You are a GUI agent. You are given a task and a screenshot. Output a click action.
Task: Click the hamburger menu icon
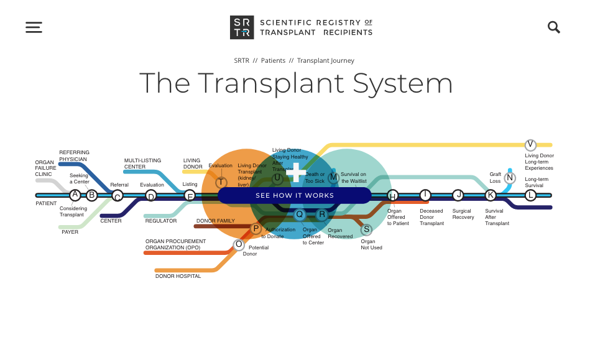point(34,27)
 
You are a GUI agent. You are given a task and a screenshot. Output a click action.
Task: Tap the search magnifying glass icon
point(553,27)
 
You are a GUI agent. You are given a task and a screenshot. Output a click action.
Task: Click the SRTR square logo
point(241,27)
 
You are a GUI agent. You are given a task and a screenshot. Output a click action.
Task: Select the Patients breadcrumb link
point(273,61)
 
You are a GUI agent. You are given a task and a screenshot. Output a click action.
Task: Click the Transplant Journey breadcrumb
point(326,61)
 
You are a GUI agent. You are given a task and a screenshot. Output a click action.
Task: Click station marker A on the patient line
point(75,195)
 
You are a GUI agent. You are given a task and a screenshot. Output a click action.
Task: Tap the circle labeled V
point(530,145)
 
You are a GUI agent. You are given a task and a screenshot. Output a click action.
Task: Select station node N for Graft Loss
point(510,178)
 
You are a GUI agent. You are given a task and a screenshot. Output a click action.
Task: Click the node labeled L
point(530,195)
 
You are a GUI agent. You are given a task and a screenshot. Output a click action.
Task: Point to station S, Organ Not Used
point(366,229)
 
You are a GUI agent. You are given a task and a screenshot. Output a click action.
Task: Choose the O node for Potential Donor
point(239,244)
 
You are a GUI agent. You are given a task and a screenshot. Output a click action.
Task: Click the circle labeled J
point(458,195)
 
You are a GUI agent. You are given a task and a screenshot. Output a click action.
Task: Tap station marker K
point(491,195)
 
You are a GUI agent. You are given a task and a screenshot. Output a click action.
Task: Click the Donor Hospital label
point(178,276)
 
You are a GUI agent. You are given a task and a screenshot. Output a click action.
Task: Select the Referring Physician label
point(74,155)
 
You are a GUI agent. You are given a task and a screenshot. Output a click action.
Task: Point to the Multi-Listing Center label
point(143,164)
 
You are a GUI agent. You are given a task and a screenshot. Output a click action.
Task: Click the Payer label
point(70,232)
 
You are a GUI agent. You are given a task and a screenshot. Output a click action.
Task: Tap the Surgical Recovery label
point(463,214)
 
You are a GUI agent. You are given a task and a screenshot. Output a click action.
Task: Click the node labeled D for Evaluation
point(150,195)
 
